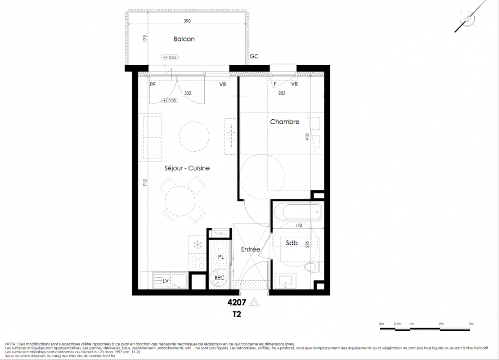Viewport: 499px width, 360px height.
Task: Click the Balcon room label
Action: [184, 39]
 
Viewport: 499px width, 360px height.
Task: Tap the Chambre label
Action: [284, 121]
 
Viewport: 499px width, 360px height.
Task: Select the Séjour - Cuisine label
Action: [187, 168]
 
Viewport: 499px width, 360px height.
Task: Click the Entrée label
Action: [251, 249]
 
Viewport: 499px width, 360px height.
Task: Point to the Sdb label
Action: [292, 243]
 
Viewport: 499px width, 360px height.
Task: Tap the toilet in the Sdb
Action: [311, 267]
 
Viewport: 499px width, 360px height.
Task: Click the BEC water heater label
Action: [219, 278]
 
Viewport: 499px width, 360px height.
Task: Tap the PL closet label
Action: [221, 257]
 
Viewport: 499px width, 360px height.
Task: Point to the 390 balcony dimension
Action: [187, 21]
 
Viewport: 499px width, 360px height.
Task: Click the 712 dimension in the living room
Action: [145, 183]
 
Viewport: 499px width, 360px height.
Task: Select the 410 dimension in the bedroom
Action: [307, 137]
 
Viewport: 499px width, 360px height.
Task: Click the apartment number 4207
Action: [237, 302]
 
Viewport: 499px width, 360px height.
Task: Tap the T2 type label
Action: [237, 315]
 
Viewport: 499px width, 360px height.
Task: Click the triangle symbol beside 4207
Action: [254, 302]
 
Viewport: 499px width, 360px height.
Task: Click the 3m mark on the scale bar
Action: [471, 324]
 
